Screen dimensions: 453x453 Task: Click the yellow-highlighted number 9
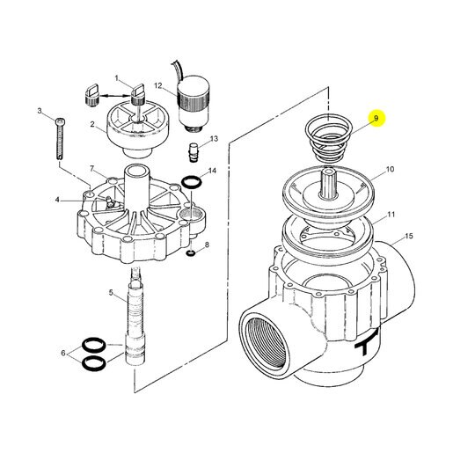[376, 118]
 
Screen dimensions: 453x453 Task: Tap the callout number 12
[158, 85]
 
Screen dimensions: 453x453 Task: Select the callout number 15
[409, 236]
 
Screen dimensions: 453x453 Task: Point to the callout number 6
[63, 353]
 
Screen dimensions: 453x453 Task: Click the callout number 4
[57, 200]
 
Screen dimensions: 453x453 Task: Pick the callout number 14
[212, 171]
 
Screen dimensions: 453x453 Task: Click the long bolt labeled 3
[60, 138]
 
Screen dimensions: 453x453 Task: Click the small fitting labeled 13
[194, 152]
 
